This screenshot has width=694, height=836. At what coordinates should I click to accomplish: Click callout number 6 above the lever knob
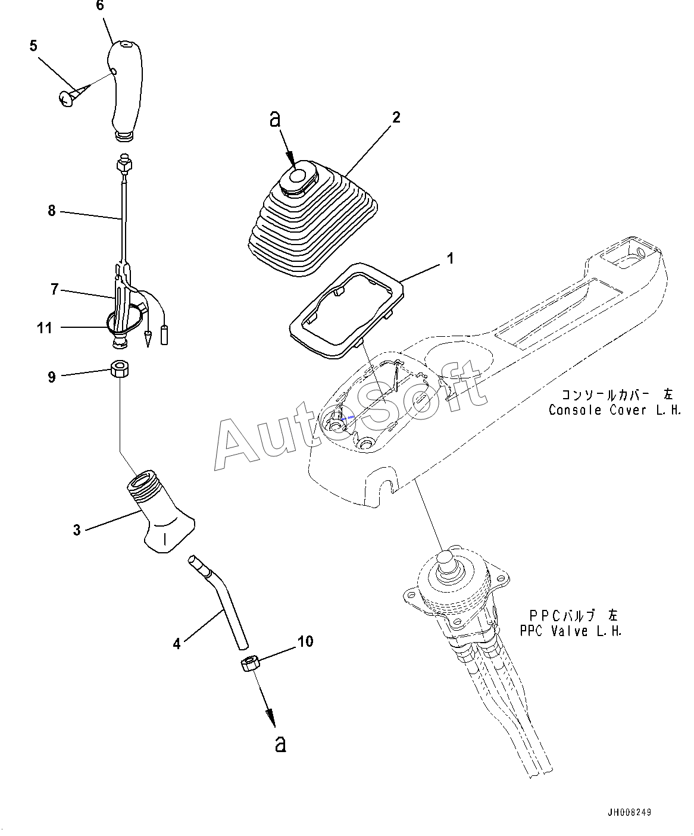[99, 6]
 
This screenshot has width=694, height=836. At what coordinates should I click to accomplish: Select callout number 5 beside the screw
[33, 46]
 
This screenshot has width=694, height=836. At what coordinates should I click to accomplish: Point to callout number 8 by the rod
[52, 211]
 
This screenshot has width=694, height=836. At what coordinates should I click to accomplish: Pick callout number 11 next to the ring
[45, 327]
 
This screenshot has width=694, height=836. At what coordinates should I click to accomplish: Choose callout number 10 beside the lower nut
[305, 641]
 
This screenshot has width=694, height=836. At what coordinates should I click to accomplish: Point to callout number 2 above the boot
[396, 117]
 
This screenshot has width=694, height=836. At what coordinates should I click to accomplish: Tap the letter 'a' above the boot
[274, 119]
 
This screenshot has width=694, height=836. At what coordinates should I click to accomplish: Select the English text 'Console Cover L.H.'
[614, 411]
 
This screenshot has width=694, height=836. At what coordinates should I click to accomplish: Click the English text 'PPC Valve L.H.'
[571, 631]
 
